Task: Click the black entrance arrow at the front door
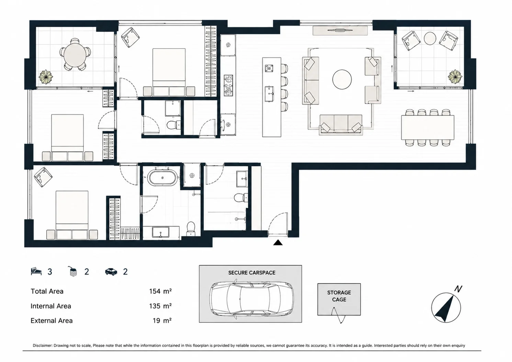coord(278,243)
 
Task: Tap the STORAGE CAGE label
coord(339,296)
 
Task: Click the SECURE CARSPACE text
coord(252,272)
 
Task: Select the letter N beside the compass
coord(458,289)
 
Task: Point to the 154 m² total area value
coord(160,291)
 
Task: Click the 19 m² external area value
coord(162,320)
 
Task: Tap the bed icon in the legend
coord(36,271)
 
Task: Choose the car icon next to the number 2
coord(111,271)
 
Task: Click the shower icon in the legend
coord(72,271)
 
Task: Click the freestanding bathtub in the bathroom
coord(162,177)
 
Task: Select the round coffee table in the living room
coord(342,80)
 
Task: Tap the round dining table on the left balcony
coord(75,55)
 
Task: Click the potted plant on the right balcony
coord(455,77)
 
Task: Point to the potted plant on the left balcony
coord(46,77)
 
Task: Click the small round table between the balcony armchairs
coord(430,38)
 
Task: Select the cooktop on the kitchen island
coord(269,68)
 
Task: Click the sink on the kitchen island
coord(270,94)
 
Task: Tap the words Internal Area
coord(51,306)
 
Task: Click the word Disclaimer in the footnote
coord(42,346)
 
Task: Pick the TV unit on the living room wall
coord(340,31)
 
